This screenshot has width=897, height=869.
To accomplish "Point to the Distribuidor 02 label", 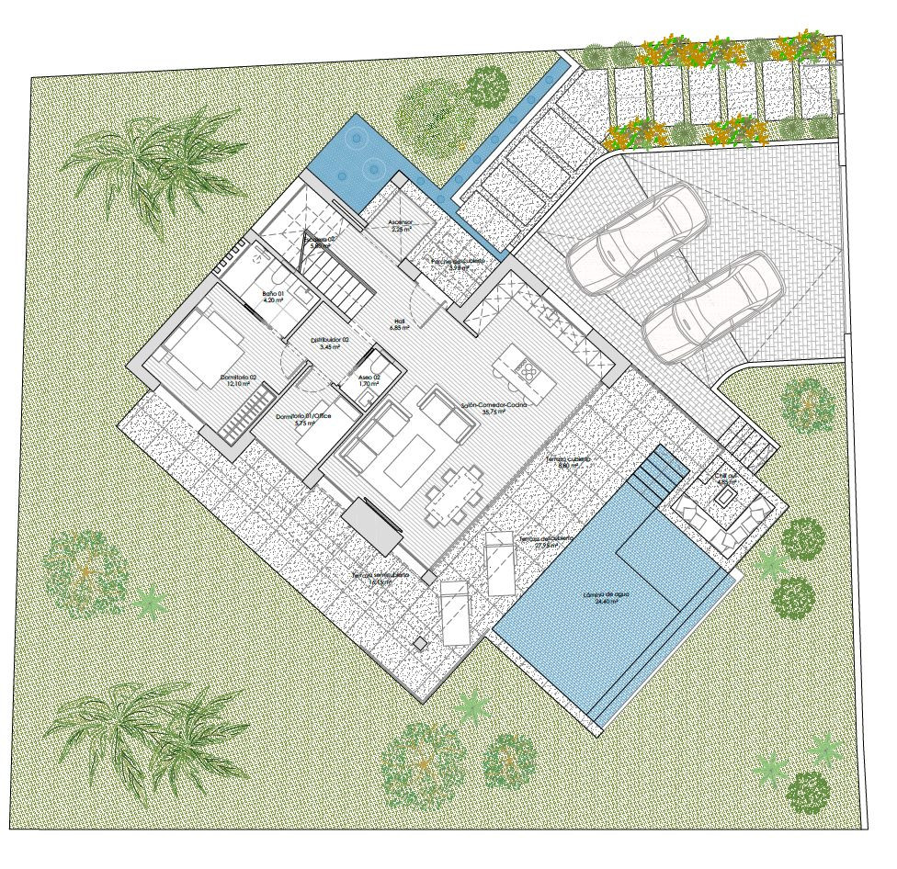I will (329, 343).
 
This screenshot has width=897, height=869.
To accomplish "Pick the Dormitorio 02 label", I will (238, 380).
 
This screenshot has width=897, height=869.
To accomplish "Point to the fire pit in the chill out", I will (725, 497).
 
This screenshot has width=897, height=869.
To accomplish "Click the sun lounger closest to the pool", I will (501, 562).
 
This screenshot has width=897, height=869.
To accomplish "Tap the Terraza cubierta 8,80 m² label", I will (567, 461).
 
